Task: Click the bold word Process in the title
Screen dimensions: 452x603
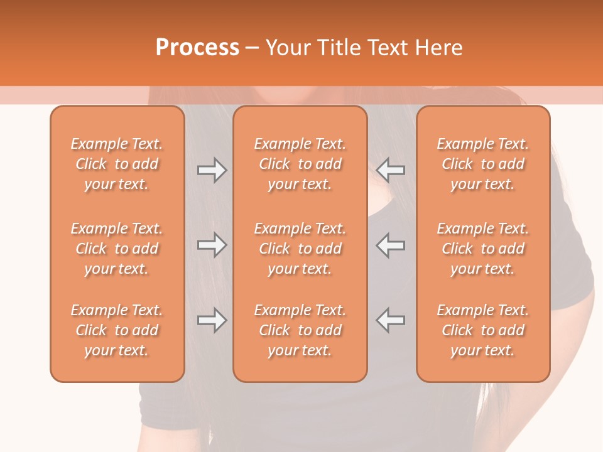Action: [x=197, y=48]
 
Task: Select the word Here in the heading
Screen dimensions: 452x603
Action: [x=439, y=48]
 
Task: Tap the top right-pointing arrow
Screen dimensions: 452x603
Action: [x=212, y=170]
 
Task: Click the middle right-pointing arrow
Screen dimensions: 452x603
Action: [x=212, y=245]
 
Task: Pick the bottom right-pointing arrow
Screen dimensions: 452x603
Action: [x=212, y=320]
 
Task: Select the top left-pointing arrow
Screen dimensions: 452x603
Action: [x=391, y=170]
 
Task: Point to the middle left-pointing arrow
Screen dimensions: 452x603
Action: [x=391, y=245]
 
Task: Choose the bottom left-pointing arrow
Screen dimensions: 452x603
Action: [x=391, y=320]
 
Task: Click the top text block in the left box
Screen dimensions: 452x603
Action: [x=117, y=164]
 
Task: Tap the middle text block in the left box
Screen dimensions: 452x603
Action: [x=117, y=249]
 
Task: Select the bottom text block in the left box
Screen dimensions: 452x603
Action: [x=117, y=330]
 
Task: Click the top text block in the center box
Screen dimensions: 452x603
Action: [x=300, y=164]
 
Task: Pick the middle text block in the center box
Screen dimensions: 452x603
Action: [x=300, y=249]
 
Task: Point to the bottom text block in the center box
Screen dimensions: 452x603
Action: [x=300, y=330]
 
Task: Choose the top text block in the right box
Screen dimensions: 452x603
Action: [x=483, y=164]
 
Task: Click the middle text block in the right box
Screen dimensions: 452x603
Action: [x=483, y=249]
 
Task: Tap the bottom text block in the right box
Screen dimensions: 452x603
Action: [x=483, y=330]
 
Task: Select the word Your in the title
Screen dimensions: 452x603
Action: [x=286, y=48]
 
